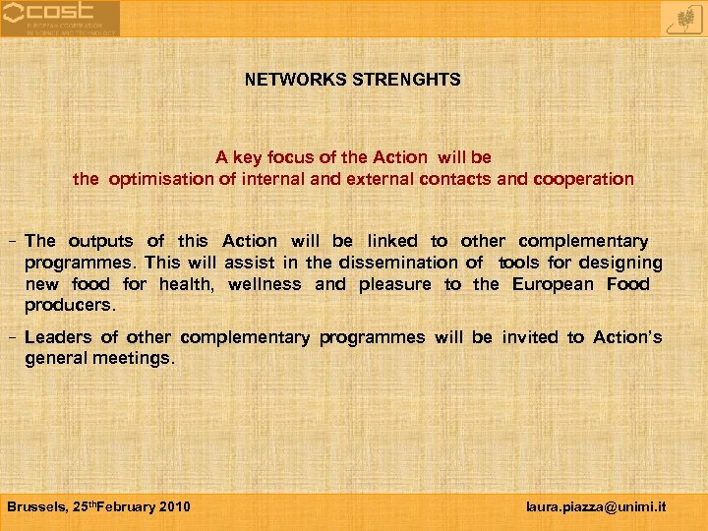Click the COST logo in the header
click(60, 18)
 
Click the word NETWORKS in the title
click(286, 80)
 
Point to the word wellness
click(265, 284)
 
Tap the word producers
click(70, 306)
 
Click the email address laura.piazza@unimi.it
click(596, 506)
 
